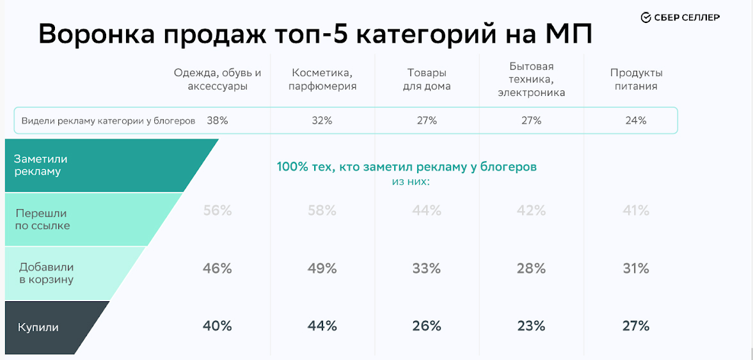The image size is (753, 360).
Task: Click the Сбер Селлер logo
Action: (x=680, y=17)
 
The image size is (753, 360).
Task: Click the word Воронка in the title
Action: (x=94, y=34)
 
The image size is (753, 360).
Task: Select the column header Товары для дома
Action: (x=427, y=79)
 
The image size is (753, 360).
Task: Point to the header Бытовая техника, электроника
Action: (x=532, y=79)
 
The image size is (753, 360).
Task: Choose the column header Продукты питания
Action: (x=636, y=79)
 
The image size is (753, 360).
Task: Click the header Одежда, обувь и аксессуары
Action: (x=218, y=79)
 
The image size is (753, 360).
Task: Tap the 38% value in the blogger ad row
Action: (x=218, y=120)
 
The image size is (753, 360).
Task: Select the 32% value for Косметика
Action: (x=322, y=120)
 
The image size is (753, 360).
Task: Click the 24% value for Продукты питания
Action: (x=636, y=120)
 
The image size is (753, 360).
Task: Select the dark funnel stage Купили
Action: (x=38, y=327)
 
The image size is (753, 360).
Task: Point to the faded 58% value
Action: (x=322, y=210)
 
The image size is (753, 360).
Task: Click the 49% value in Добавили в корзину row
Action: (x=322, y=269)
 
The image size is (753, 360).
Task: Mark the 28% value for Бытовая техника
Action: (x=532, y=269)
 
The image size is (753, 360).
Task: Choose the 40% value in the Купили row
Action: (x=218, y=326)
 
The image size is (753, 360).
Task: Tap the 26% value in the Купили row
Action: (x=427, y=326)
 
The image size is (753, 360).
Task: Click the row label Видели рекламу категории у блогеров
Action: (x=108, y=120)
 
